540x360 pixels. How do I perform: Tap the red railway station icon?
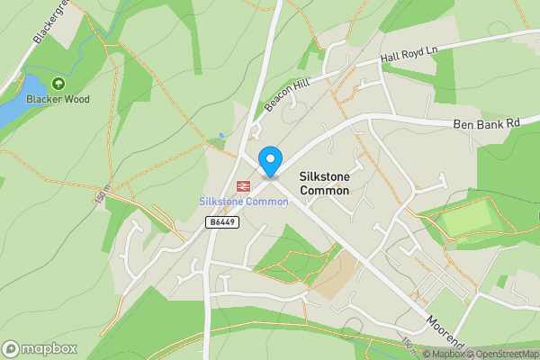[242, 186]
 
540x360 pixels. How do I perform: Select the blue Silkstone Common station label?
[243, 202]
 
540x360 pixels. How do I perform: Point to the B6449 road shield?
[222, 221]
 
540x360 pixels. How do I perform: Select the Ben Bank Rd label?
[486, 124]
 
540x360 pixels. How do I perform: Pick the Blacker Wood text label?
[58, 99]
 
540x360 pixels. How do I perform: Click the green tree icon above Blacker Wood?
[58, 84]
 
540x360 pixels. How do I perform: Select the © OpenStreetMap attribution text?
[503, 354]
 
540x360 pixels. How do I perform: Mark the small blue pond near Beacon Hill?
[221, 136]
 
